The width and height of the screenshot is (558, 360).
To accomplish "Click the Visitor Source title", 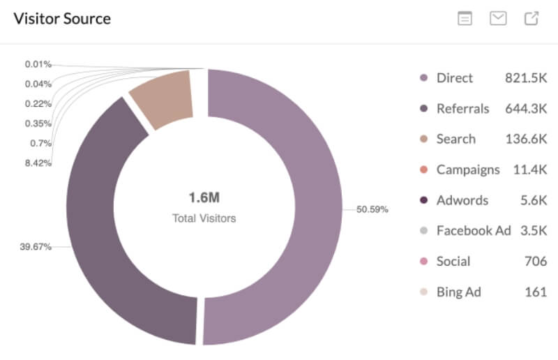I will tap(62, 18).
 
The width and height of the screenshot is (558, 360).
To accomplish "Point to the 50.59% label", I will tap(372, 209).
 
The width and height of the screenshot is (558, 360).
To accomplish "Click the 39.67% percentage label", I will tap(36, 246).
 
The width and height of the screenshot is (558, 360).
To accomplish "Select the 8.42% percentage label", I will tap(38, 163).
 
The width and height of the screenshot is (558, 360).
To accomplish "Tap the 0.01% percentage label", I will tap(38, 64).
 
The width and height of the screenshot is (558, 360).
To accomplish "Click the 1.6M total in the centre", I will tap(204, 197).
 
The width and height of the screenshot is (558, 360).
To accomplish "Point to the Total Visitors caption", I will tap(204, 218).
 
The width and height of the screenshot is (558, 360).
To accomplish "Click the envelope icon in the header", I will tap(498, 19).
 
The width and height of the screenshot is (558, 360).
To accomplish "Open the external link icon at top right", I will tap(531, 19).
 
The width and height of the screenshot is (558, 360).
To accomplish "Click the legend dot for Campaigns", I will tap(423, 170).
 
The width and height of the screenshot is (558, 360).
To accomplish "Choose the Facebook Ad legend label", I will tap(474, 230).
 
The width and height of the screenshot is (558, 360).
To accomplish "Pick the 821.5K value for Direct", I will tap(526, 78).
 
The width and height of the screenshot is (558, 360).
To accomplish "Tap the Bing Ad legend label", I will tap(458, 292).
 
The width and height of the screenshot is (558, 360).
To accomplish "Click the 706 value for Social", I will tap(536, 261).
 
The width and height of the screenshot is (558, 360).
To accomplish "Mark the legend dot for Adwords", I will tap(423, 200).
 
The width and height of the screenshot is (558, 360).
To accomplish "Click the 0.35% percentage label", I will tap(38, 123).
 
